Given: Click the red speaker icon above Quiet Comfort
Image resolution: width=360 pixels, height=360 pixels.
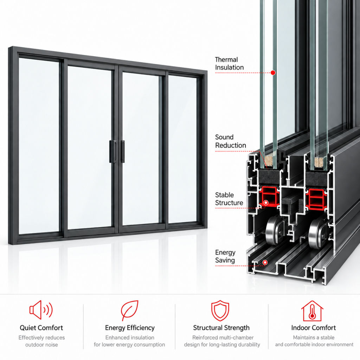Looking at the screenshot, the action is (41, 310).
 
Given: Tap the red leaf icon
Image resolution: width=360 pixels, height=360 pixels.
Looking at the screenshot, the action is (130, 310).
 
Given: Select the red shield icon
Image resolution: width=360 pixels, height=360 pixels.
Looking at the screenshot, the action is (220, 310).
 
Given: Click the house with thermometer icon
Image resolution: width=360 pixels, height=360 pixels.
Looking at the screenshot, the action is (312, 311).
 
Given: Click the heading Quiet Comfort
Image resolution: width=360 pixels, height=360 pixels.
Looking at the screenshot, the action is (41, 328).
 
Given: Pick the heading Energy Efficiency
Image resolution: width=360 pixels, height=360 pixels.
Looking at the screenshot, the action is (130, 328).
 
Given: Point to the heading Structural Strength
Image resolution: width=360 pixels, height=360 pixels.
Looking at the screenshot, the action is (221, 328).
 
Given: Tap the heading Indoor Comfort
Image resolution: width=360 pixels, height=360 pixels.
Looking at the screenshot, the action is (313, 328).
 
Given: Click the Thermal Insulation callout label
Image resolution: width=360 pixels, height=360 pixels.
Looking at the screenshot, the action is (229, 64).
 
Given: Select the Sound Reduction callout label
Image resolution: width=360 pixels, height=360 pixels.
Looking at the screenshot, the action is (231, 141).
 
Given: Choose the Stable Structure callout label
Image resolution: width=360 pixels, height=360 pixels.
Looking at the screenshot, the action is (229, 199).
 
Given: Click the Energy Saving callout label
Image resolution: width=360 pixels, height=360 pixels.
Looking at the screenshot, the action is (225, 256).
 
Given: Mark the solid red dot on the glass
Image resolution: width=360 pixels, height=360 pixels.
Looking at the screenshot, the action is (273, 73).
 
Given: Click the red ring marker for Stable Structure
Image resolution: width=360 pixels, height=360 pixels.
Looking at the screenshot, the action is (266, 203).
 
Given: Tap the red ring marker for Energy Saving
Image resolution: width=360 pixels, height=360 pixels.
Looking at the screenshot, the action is (265, 262).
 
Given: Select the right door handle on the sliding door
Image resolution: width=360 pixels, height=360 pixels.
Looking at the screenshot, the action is (122, 151).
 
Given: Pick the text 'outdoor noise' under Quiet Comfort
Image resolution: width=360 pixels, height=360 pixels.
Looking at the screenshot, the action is (41, 345).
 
